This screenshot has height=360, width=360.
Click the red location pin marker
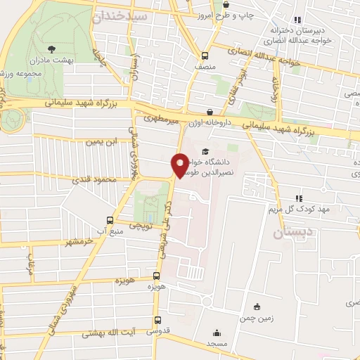tap(179, 165)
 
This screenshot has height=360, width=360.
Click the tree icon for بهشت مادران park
tap(52, 49)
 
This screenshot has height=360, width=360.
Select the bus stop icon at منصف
tap(205, 56)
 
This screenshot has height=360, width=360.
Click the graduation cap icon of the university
tap(205, 150)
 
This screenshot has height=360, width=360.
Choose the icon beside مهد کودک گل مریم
tap(298, 198)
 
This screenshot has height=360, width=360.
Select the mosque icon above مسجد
tap(217, 333)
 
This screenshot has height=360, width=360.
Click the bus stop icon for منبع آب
tap(109, 219)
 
